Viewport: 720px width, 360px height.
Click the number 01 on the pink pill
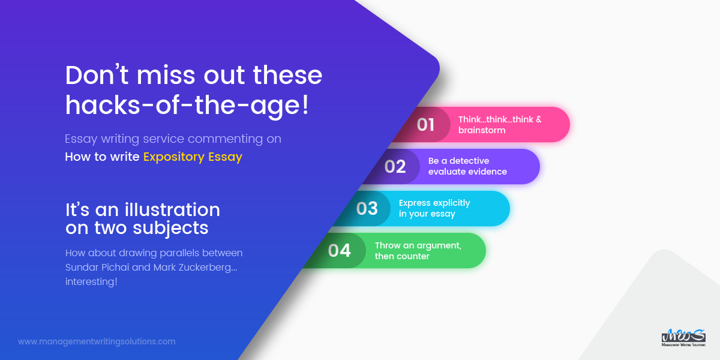click(x=425, y=125)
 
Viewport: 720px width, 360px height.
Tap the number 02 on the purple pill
click(x=395, y=167)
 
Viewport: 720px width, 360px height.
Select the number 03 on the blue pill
click(x=367, y=209)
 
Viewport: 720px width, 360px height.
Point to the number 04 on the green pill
click(x=340, y=251)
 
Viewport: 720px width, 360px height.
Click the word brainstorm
click(x=482, y=130)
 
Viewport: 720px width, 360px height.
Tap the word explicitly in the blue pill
click(x=451, y=203)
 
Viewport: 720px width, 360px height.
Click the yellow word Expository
click(x=174, y=157)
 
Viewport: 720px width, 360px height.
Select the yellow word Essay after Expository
click(x=226, y=157)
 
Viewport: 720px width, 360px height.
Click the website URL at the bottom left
click(x=97, y=341)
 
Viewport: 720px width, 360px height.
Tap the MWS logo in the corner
click(x=683, y=338)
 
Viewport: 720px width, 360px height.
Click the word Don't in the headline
click(x=97, y=75)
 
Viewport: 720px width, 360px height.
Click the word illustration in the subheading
click(x=172, y=209)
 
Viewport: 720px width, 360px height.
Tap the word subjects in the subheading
click(x=170, y=229)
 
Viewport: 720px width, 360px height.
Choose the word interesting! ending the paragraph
click(x=91, y=282)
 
